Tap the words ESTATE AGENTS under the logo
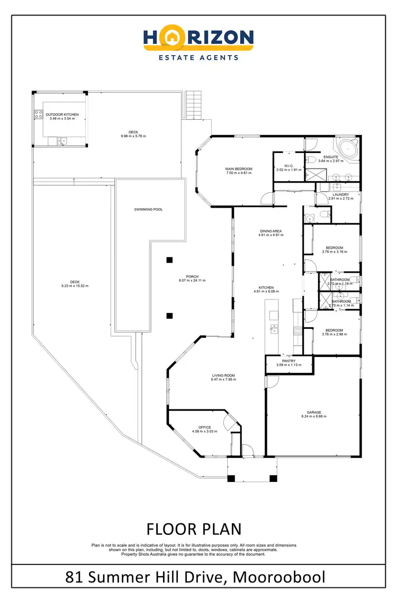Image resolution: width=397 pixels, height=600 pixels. (198, 57)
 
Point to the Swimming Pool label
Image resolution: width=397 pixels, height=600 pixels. (148, 209)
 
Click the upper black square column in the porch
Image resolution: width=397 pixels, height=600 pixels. (169, 259)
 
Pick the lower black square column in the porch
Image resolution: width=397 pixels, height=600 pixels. (169, 316)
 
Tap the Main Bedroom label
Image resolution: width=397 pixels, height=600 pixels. (239, 169)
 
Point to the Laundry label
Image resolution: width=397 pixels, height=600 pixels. (340, 194)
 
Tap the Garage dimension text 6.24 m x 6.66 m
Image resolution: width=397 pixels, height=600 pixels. (314, 416)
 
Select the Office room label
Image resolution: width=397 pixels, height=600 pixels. (205, 427)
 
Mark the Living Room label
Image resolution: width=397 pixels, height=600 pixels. (223, 375)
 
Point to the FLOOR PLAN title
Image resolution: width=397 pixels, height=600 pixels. (194, 529)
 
